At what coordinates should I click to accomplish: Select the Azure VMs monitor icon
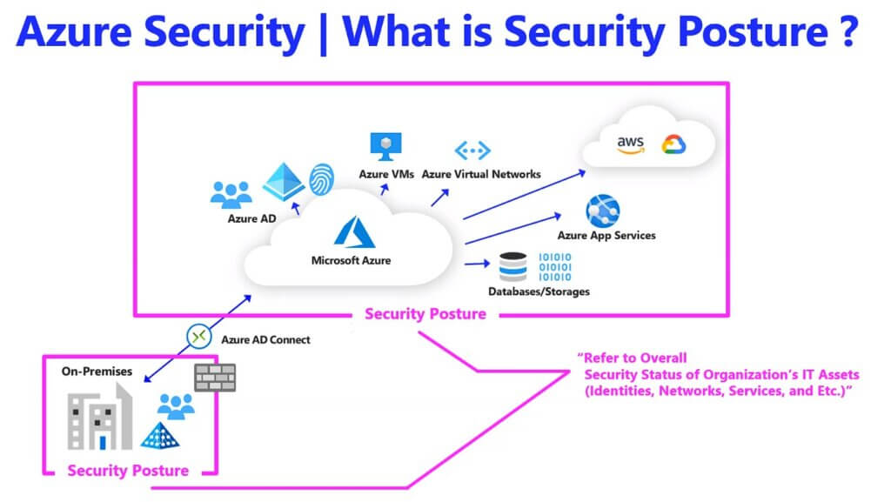point(383,145)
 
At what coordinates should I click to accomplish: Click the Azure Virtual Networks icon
point(472,151)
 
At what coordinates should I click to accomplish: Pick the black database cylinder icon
point(513,265)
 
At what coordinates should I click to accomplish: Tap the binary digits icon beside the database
point(555,266)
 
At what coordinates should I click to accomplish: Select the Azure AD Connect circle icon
point(198,336)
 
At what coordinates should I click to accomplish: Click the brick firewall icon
point(215,377)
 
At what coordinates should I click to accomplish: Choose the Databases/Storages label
point(539,291)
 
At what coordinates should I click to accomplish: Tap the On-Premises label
point(97,371)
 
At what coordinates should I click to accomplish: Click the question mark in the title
point(848,32)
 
